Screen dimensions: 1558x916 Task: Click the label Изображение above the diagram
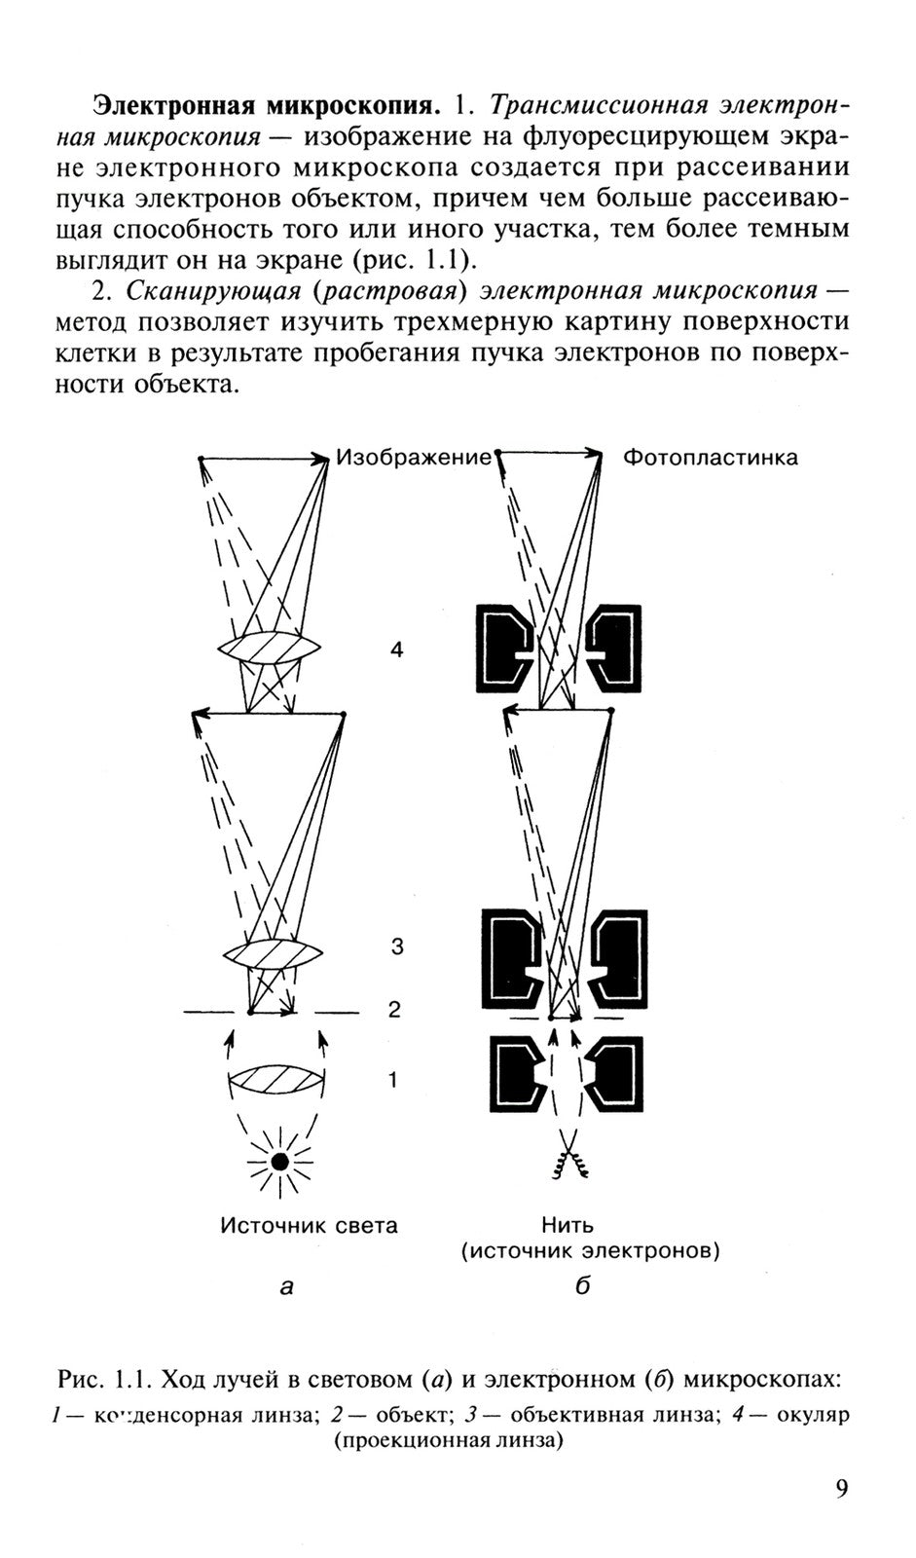tap(414, 458)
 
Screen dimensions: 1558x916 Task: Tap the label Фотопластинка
tap(710, 458)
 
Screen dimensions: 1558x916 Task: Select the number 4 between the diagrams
tap(396, 649)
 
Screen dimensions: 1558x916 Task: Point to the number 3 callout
tap(396, 946)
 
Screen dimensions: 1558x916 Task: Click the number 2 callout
tap(394, 1010)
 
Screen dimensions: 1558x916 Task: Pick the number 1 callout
tap(392, 1079)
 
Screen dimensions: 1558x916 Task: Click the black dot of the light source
tap(280, 1160)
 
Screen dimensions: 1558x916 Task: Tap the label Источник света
tap(310, 1225)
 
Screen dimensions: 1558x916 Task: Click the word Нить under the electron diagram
tap(568, 1225)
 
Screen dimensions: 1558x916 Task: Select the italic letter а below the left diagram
tap(286, 1286)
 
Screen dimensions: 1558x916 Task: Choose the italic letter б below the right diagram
tap(583, 1286)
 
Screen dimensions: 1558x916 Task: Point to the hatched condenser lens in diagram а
tap(275, 1080)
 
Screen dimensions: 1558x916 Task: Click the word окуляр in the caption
tap(813, 1414)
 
